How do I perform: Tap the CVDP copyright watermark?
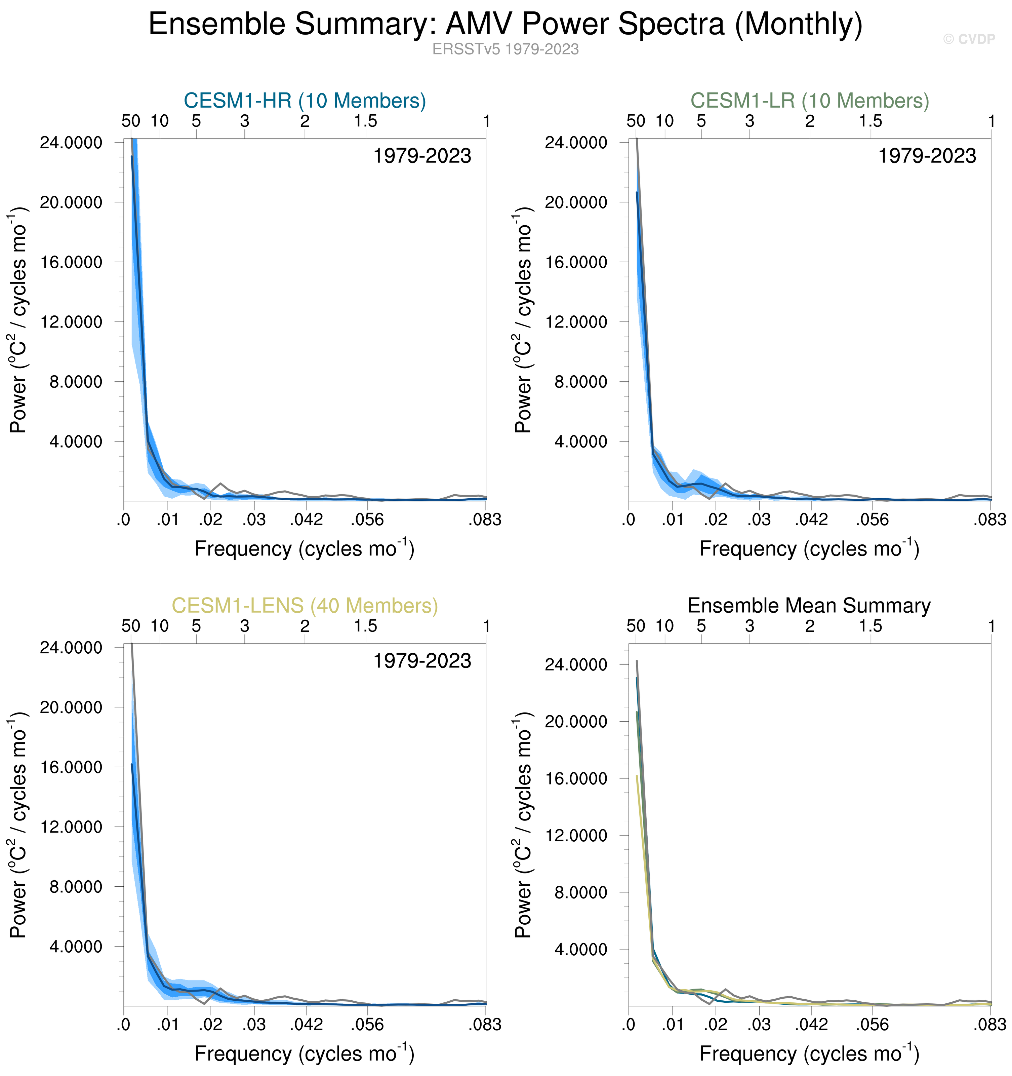click(969, 39)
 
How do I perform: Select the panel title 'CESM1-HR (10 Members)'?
click(305, 101)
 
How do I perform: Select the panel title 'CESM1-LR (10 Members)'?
click(810, 101)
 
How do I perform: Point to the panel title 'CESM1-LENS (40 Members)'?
click(305, 606)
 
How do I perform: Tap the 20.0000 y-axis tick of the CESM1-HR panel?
click(71, 202)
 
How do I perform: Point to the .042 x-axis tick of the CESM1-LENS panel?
click(306, 1025)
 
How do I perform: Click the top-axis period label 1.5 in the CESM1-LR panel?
click(870, 121)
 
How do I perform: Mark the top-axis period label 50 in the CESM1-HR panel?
click(131, 121)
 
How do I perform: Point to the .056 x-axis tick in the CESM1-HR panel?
click(367, 520)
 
